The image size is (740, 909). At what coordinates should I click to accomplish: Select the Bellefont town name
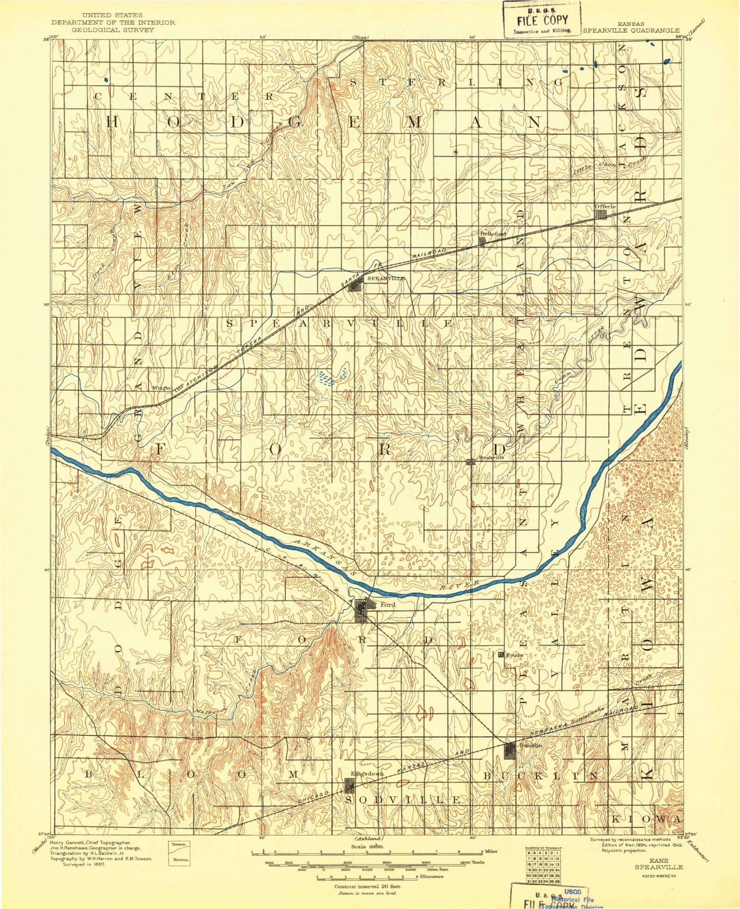[493, 234]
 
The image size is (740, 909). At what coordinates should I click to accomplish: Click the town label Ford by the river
[388, 605]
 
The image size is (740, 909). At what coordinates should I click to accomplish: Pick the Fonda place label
[514, 655]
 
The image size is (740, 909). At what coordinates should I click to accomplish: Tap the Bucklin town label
[530, 745]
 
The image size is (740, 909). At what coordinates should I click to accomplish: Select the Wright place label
[161, 388]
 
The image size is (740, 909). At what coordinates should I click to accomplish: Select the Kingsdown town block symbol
[349, 785]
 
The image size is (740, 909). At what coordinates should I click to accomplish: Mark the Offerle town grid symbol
[600, 214]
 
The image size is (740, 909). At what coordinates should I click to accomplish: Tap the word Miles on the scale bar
[491, 851]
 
